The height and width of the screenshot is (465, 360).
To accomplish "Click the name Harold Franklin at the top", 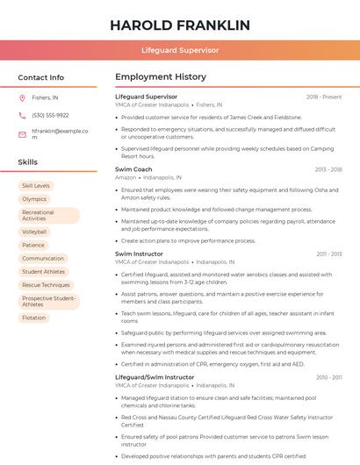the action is (x=180, y=25).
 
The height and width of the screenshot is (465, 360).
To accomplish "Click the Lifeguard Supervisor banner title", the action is (x=180, y=50).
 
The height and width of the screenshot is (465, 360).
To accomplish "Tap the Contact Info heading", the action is (x=41, y=77).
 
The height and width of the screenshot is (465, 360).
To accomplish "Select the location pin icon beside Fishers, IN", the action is (x=22, y=98).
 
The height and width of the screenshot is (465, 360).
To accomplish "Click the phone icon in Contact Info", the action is (x=22, y=115).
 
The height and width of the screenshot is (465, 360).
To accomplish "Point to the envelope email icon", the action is (x=22, y=133).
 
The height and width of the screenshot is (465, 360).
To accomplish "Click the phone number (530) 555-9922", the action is (x=50, y=115).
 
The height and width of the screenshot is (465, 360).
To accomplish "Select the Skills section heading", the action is (x=28, y=162).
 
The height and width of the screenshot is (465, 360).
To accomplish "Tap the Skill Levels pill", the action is (x=36, y=186).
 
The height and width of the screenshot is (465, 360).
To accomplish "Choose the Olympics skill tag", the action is (x=34, y=199).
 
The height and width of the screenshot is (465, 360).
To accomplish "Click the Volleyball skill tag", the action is (x=34, y=232).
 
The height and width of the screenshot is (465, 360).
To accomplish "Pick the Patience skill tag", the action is (x=33, y=245).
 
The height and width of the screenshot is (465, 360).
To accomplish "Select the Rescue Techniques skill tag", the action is (x=46, y=285).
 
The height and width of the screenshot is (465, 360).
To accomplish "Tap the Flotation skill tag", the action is (x=34, y=318).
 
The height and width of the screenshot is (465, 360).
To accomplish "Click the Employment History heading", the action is (x=161, y=77).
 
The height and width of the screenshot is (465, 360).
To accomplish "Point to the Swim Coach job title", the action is (x=133, y=168).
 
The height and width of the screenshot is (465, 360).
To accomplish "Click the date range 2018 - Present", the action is (x=324, y=97).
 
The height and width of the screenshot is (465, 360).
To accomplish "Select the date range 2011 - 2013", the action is (x=329, y=254).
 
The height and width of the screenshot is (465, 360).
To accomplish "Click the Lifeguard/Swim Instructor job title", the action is (x=155, y=377).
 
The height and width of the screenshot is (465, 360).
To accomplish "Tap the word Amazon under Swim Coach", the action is (x=126, y=177).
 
